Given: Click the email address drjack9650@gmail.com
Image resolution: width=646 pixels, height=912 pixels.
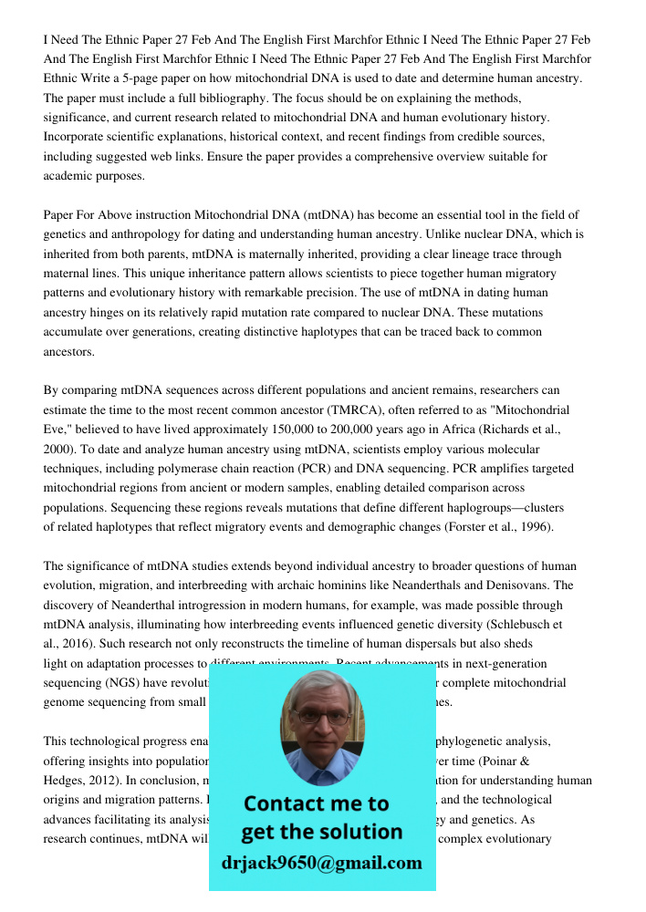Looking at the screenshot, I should (x=322, y=863).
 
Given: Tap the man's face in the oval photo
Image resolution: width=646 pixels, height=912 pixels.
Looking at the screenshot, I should (x=321, y=716).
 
